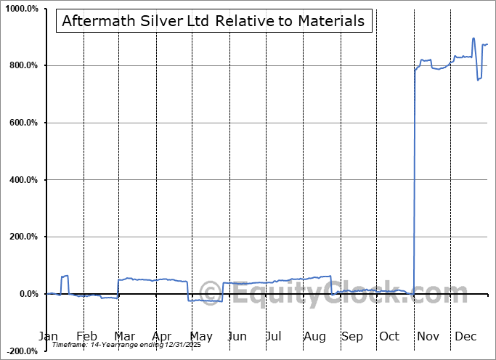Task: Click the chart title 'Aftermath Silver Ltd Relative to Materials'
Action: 214,21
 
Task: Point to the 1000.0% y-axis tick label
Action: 22,9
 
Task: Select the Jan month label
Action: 47,337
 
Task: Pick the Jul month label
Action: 274,337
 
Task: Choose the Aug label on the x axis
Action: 314,337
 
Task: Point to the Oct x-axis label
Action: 389,337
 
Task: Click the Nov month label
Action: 428,337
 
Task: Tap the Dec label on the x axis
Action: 466,337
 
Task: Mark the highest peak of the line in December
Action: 473,38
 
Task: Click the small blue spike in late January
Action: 65,277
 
